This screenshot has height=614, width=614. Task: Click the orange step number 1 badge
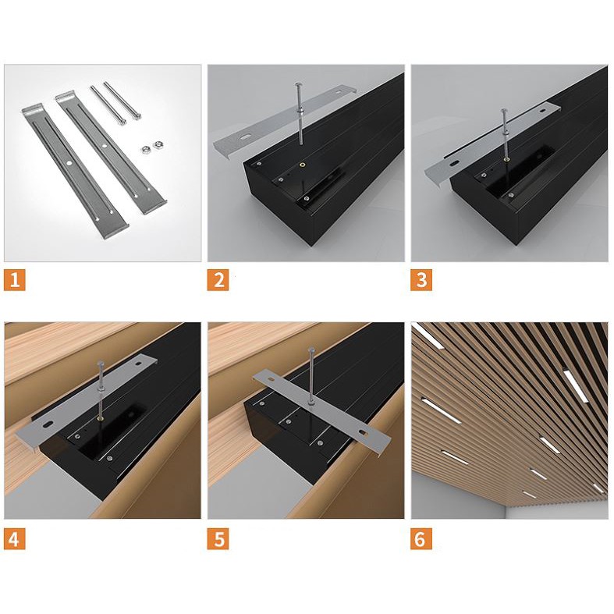click(15, 280)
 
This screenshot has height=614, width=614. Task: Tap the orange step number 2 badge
click(218, 280)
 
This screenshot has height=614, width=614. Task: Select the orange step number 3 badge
click(421, 280)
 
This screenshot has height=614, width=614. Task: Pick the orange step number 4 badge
click(15, 538)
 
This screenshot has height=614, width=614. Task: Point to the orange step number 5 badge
click(218, 538)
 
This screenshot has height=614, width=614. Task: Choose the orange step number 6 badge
click(421, 538)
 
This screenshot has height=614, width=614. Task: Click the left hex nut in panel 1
click(145, 149)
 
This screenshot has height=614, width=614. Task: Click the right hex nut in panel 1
click(158, 144)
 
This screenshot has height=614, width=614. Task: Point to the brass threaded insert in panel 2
click(302, 165)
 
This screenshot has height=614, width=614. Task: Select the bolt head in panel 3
click(504, 112)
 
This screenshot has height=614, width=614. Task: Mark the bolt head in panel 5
click(311, 350)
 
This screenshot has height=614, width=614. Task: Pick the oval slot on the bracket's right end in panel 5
click(364, 432)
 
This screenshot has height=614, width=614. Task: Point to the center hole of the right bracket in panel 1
click(105, 145)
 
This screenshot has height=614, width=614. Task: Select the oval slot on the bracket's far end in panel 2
click(339, 93)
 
